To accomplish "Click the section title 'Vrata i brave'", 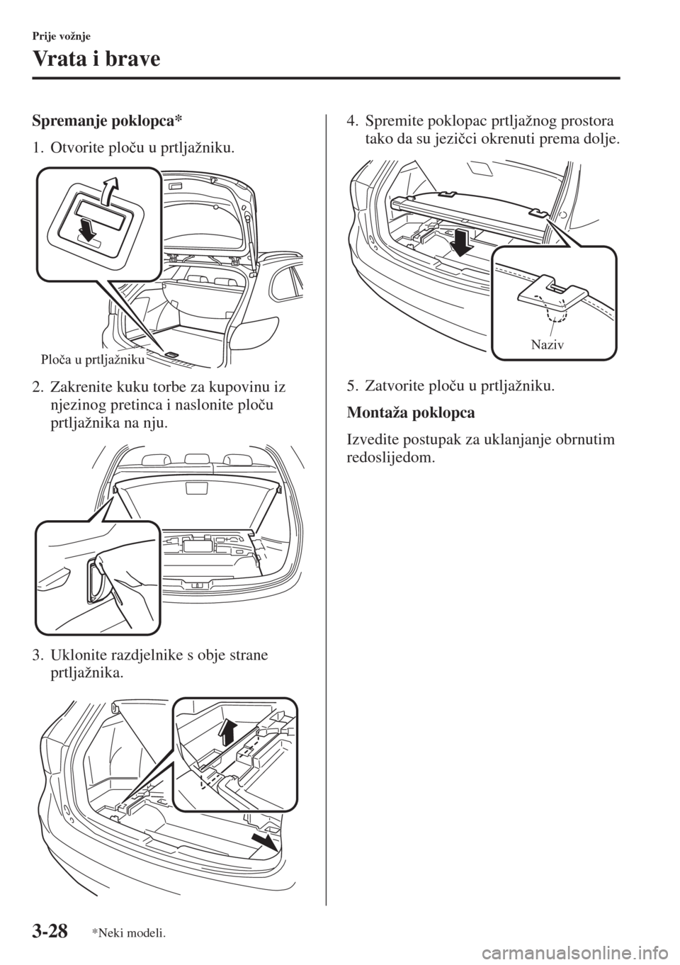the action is [96, 60].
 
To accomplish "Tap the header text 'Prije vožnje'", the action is [61, 37].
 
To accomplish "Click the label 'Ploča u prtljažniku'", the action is [93, 359].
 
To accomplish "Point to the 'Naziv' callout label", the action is [547, 344].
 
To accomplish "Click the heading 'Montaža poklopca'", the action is [411, 412].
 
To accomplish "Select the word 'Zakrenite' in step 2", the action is [79, 387].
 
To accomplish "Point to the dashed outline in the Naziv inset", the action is [553, 310].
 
